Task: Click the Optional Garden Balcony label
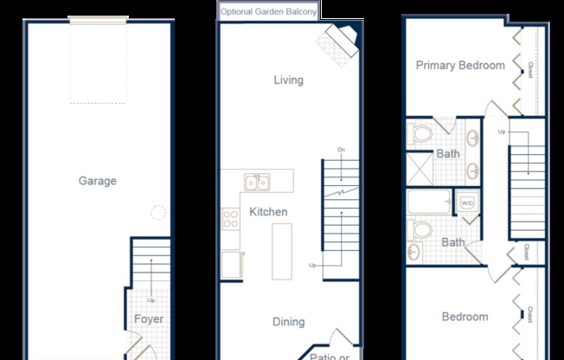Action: [x=268, y=11]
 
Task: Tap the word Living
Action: [x=288, y=80]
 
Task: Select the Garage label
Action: [x=97, y=181]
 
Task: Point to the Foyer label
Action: [x=148, y=319]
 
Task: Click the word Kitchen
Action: [x=268, y=212]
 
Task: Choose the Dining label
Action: [x=288, y=322]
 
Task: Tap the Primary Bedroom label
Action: [x=459, y=65]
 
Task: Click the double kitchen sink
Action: [x=257, y=182]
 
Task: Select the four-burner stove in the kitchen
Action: [x=231, y=219]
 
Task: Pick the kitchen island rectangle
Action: [x=283, y=251]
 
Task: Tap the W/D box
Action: [x=466, y=203]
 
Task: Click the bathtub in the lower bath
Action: [x=429, y=204]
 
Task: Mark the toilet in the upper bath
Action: [x=421, y=134]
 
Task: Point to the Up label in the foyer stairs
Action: [x=151, y=300]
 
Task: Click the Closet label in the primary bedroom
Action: [x=530, y=64]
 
